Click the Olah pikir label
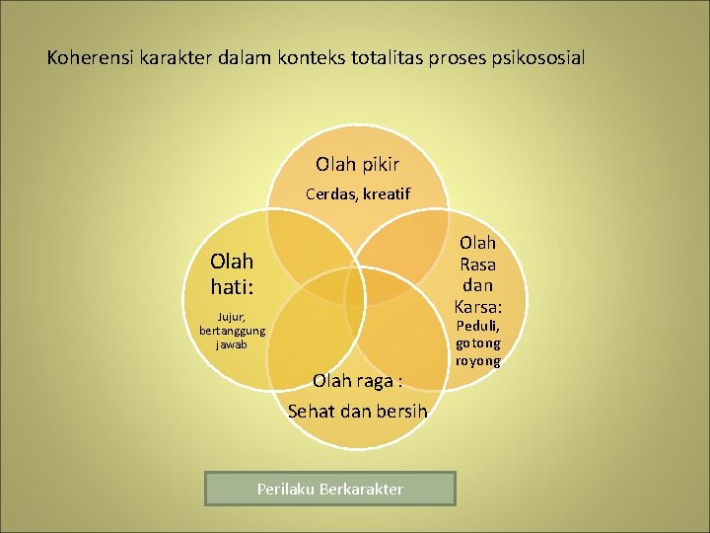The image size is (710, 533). tap(357, 164)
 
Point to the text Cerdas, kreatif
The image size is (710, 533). tap(357, 193)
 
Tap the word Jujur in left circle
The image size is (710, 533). tap(232, 318)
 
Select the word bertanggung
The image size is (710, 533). tap(232, 332)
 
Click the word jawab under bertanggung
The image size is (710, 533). tap(232, 345)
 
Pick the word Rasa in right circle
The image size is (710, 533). tap(477, 264)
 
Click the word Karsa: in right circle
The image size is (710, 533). tap(477, 307)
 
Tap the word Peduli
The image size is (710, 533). tap(477, 325)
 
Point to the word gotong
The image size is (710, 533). tap(477, 343)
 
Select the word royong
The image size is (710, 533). tap(477, 360)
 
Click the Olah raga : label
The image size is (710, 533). tap(357, 380)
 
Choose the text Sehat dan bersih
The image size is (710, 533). tap(357, 411)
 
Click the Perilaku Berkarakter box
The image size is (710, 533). tap(329, 489)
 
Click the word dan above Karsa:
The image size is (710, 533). tap(477, 285)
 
